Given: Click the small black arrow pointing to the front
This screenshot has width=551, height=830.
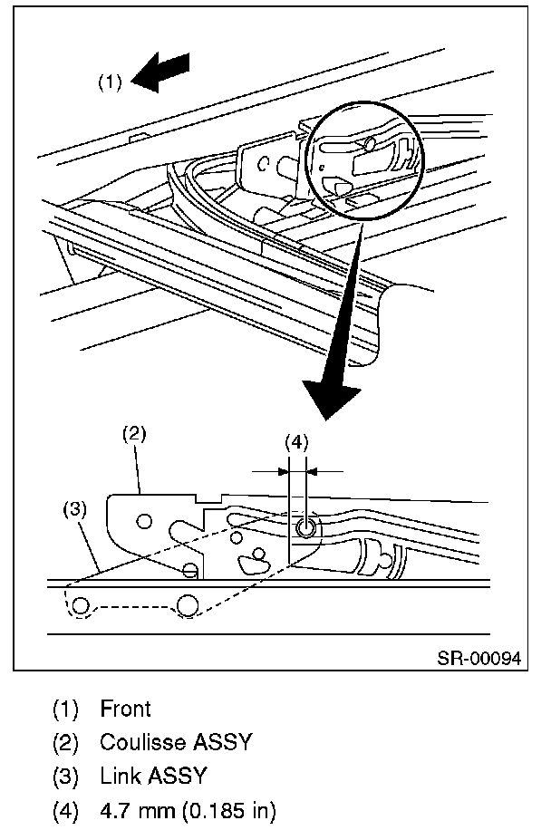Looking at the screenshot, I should coord(160,72).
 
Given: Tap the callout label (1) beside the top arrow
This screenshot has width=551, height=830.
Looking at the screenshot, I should coord(110,82).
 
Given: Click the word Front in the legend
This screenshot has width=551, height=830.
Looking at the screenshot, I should coord(126,709).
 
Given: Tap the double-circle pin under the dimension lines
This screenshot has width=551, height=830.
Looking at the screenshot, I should coord(305,526).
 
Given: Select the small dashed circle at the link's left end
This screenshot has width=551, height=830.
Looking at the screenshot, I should coord(81,605).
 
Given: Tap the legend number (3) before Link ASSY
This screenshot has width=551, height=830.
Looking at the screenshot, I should coord(65,776).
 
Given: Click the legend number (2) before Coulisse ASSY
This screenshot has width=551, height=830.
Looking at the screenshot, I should coord(65,742).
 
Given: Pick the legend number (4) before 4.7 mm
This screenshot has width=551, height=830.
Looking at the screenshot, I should coord(65,809).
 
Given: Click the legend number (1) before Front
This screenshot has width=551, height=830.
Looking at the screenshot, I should coord(65,709).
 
